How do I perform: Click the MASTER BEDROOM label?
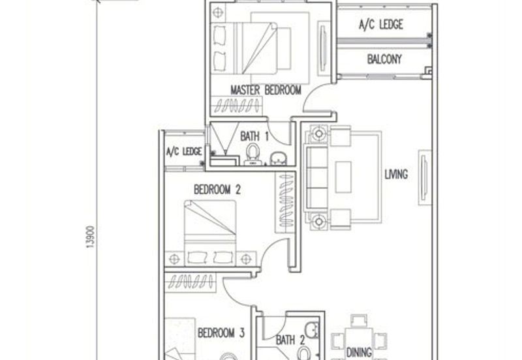(x=266, y=90)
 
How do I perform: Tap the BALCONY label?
(x=384, y=59)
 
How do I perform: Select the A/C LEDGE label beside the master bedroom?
(x=381, y=25)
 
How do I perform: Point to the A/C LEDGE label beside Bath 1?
(x=183, y=151)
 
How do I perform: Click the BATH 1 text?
(x=254, y=136)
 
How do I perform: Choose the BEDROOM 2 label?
(x=217, y=190)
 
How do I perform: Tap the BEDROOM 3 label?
(x=221, y=333)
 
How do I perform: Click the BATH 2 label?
(x=290, y=339)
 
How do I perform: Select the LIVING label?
(x=396, y=174)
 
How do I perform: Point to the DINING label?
(x=359, y=352)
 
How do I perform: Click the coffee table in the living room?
(x=343, y=175)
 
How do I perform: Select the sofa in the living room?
(x=318, y=175)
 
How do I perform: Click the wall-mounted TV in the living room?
(x=424, y=175)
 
